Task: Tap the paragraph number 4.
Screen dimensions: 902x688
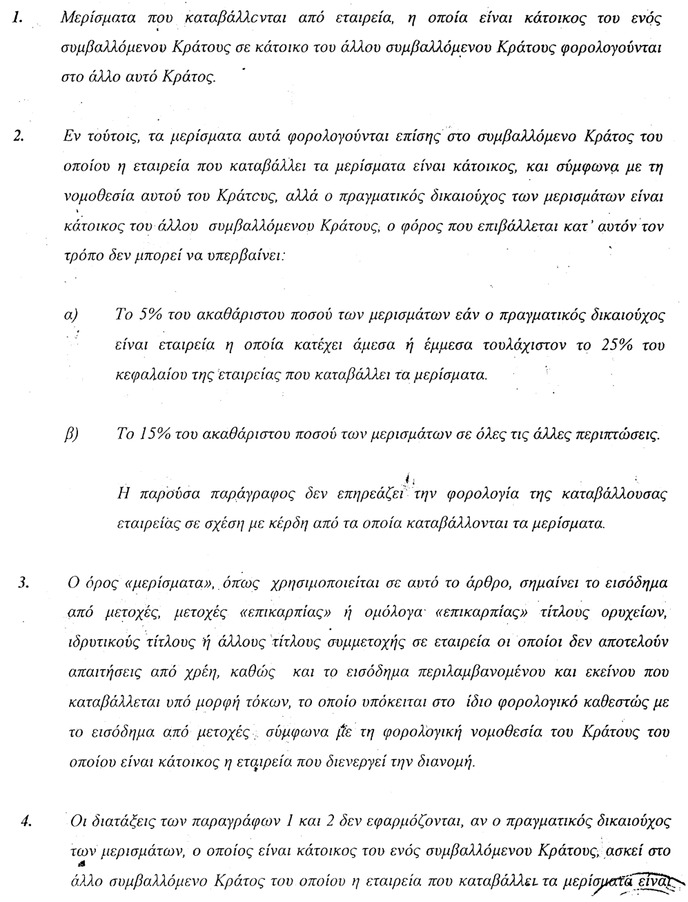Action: pos(26,821)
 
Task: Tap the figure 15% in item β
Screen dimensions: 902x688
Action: pos(152,436)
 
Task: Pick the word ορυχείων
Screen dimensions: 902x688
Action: pos(638,612)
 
